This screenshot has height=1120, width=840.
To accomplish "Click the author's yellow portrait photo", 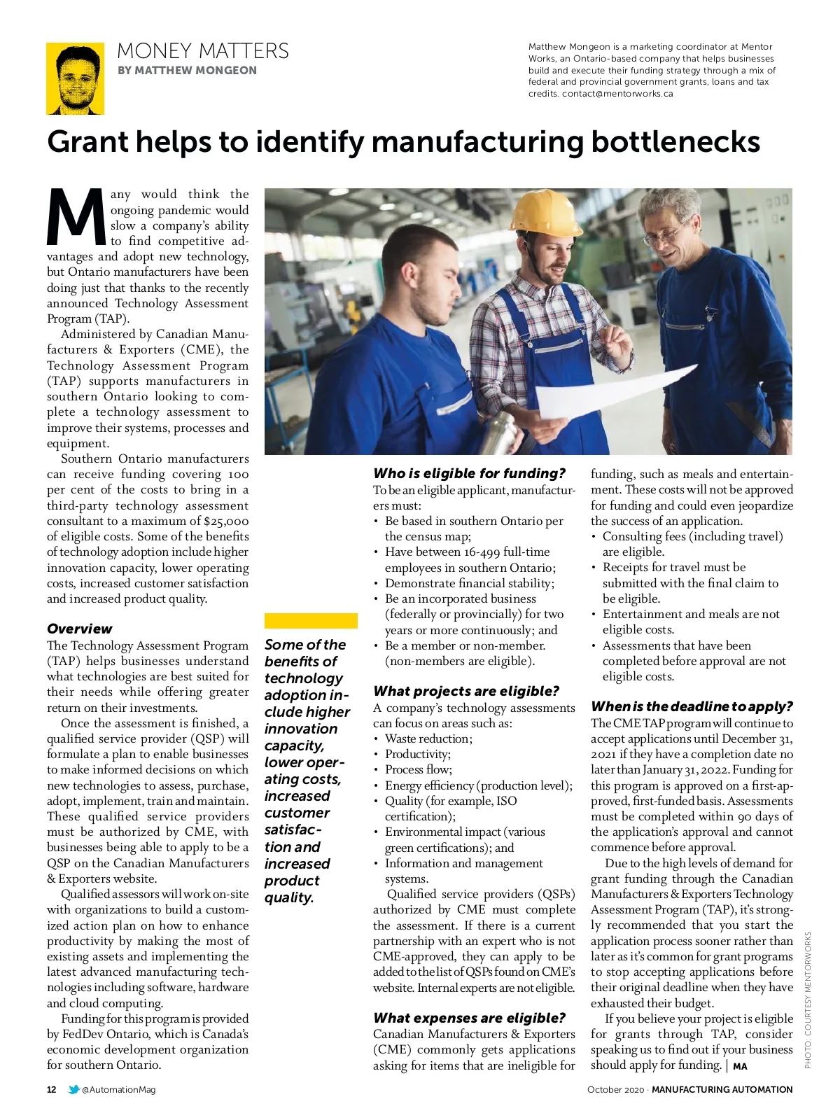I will [x=75, y=78].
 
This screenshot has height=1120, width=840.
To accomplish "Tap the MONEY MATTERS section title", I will [x=202, y=51].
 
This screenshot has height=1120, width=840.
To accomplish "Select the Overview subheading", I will [x=79, y=629].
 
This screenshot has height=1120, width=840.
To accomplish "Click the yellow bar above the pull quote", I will [x=311, y=621].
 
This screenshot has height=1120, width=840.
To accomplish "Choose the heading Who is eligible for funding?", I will [x=469, y=473].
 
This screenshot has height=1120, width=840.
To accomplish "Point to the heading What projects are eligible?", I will [x=465, y=691].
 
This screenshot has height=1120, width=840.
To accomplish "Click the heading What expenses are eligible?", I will [x=468, y=1018].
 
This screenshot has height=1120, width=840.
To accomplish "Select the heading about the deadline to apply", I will [x=692, y=706].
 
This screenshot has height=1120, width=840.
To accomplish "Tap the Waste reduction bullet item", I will [x=428, y=738].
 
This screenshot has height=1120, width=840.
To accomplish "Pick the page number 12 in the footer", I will [x=52, y=1089].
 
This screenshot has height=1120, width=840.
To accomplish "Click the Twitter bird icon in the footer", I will [x=73, y=1089].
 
